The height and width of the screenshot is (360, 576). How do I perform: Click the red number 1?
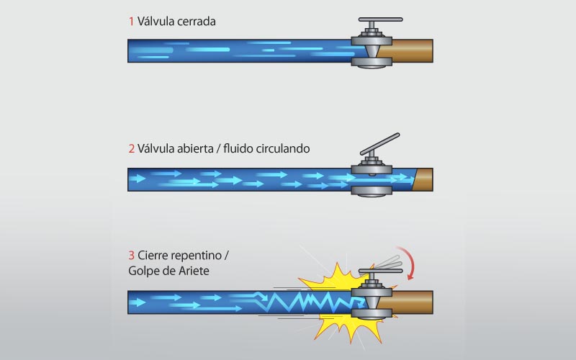click(131, 22)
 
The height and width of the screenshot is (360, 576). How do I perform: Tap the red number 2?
click(132, 149)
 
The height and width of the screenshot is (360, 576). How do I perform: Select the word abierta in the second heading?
click(195, 148)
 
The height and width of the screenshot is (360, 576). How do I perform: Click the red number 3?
click(132, 256)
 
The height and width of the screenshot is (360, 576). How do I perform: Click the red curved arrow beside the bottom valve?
click(408, 262)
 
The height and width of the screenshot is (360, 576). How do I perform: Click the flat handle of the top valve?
click(381, 19)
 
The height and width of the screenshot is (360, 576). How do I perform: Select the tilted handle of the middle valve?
click(380, 144)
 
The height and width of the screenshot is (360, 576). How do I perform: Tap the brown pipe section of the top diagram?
click(407, 50)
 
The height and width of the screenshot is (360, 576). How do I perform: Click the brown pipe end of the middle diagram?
click(423, 179)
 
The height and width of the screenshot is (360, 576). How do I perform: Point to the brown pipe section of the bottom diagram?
click(407, 302)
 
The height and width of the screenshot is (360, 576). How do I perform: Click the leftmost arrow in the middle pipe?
click(137, 179)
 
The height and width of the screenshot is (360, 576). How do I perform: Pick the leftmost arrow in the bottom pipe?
click(137, 302)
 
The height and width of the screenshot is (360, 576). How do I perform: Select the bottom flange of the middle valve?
click(372, 191)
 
